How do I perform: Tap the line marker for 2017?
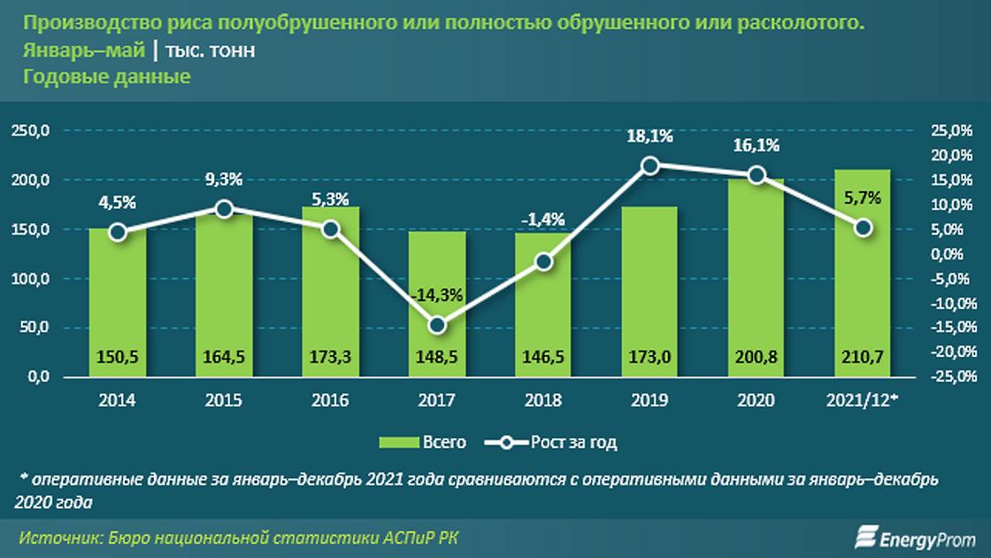437,325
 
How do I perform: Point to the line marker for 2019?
649,166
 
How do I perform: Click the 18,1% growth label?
649,136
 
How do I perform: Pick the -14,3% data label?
437,296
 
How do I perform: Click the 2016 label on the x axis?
330,400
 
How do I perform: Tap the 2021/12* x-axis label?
863,400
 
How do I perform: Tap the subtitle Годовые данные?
107,77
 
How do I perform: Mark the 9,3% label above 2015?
224,179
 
